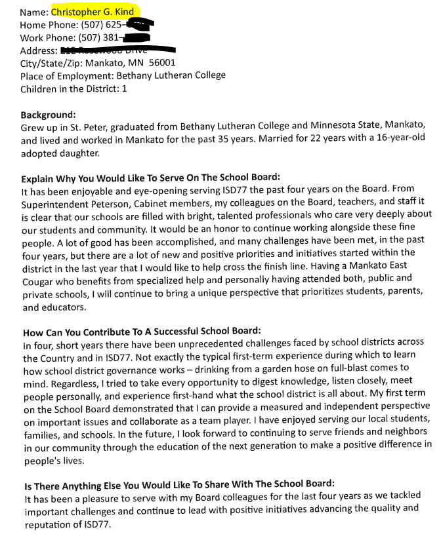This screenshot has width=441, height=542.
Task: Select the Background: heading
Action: pyautogui.click(x=48, y=115)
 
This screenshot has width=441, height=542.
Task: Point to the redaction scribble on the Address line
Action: pyautogui.click(x=118, y=50)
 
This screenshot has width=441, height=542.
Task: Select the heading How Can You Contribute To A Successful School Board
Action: pyautogui.click(x=142, y=331)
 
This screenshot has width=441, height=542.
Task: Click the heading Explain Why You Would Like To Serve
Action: pyautogui.click(x=150, y=178)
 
